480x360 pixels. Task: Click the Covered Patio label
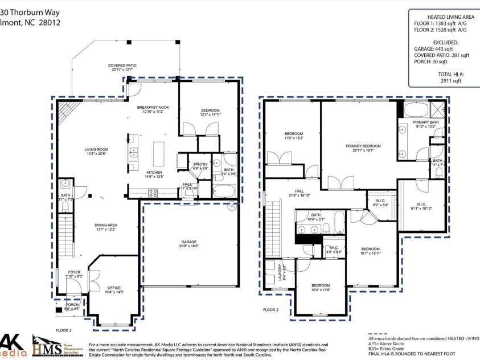(120, 67)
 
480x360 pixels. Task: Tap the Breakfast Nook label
(153, 109)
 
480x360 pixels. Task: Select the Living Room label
(96, 151)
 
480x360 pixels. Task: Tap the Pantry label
(200, 166)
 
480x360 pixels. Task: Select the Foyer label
(74, 274)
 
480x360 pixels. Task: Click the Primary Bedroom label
(363, 148)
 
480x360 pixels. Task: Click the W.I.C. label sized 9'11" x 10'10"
(421, 206)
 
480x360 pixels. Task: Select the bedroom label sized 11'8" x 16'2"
(294, 136)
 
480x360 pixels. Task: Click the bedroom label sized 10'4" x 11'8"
(321, 287)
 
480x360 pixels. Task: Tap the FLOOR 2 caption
(270, 310)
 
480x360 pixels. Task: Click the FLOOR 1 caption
(63, 330)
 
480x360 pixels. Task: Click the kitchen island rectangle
(158, 154)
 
